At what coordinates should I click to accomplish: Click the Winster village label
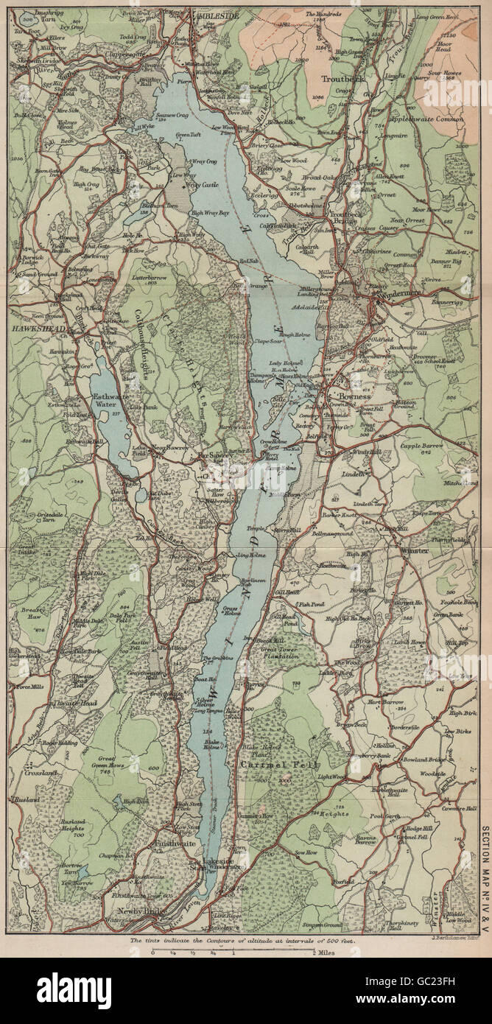click(x=413, y=550)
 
